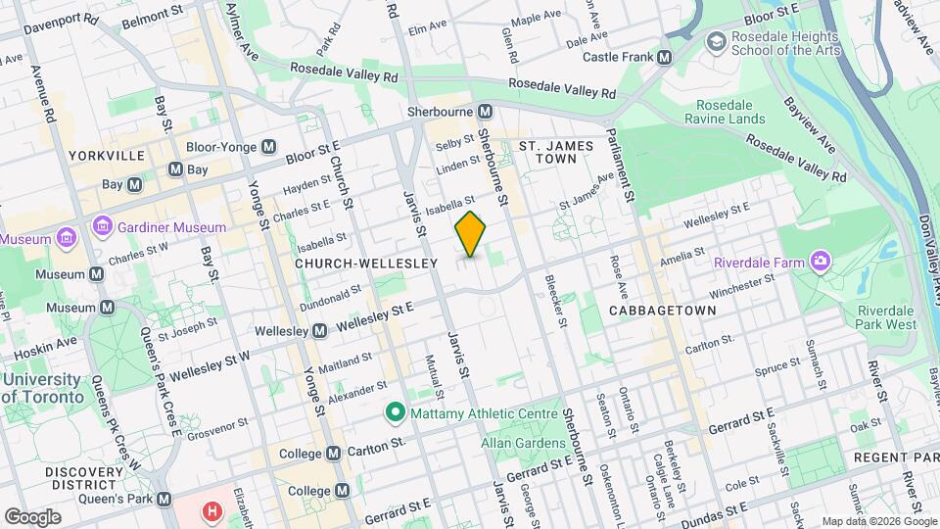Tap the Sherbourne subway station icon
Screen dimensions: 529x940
[484, 111]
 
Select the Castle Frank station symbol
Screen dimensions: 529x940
[665, 57]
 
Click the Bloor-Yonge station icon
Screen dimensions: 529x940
[269, 147]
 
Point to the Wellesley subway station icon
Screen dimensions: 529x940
[319, 331]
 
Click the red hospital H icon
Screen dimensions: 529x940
[211, 511]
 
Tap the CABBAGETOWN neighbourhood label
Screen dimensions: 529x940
[662, 310]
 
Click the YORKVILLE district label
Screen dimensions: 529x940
[107, 156]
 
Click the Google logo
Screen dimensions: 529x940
[32, 516]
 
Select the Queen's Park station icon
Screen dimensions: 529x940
[164, 498]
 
